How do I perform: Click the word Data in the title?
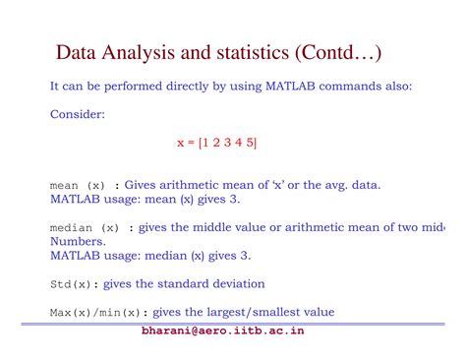75,50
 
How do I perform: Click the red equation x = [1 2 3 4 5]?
216,143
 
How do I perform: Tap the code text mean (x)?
78,185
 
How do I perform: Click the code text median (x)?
85,228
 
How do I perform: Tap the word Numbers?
78,241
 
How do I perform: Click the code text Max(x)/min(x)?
91,313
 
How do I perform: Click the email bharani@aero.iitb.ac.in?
223,330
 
